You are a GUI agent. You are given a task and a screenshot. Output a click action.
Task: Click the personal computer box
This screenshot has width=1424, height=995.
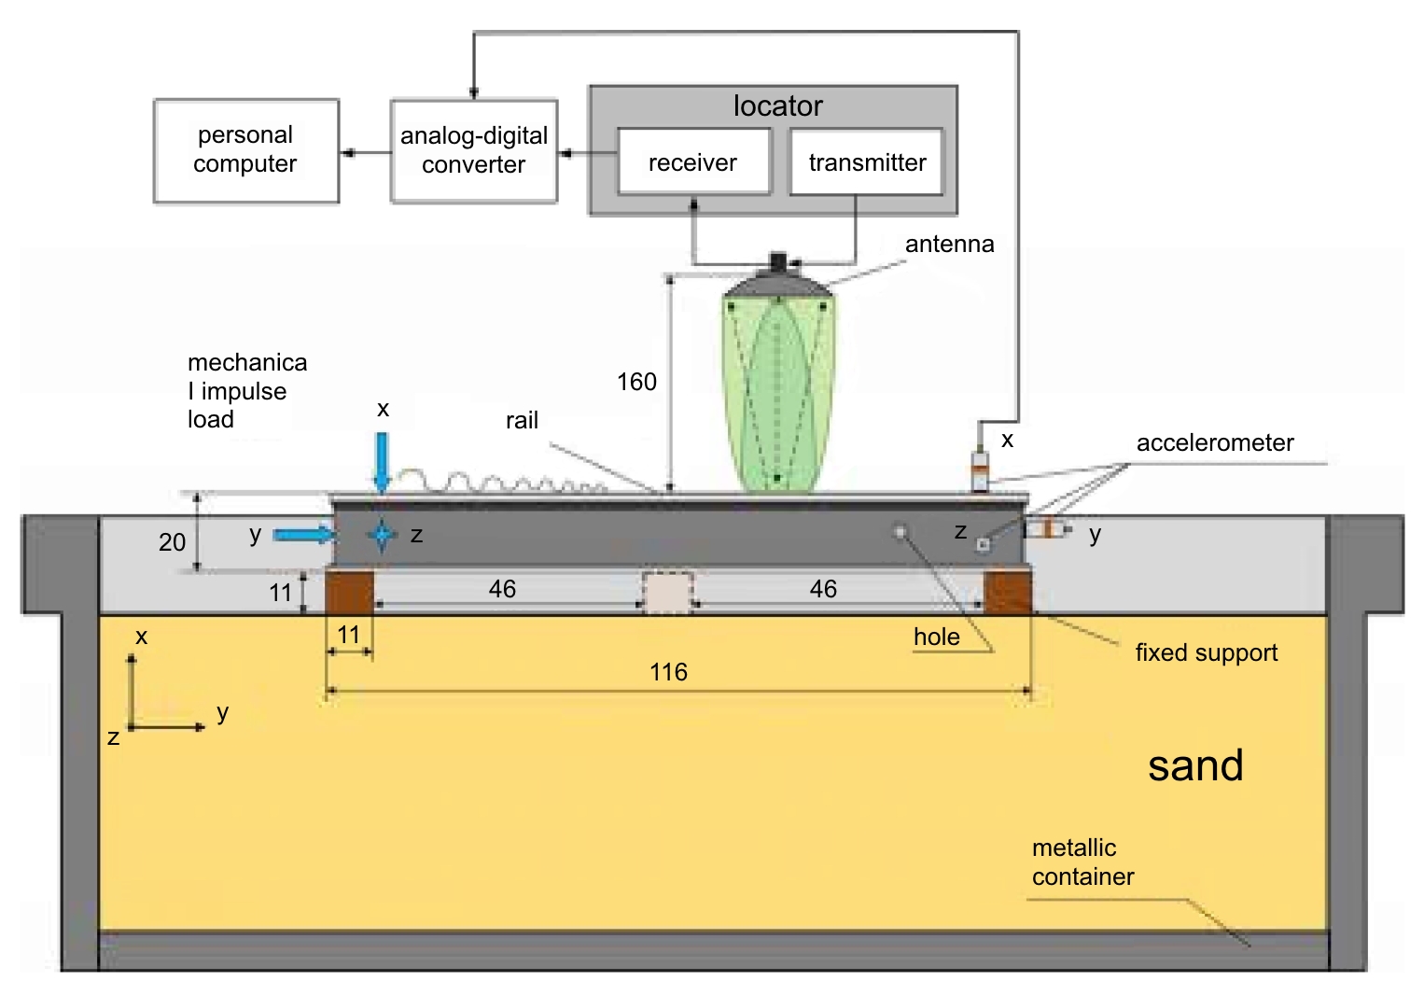pyautogui.click(x=245, y=150)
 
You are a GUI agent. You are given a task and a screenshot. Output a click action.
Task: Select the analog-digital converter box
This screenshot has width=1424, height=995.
pyautogui.click(x=474, y=150)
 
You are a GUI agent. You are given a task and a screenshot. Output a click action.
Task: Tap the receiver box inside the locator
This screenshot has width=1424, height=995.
pyautogui.click(x=693, y=162)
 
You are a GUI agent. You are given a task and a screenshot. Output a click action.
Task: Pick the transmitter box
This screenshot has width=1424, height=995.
pyautogui.click(x=866, y=162)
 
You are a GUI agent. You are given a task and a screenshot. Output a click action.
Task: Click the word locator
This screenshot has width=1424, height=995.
pyautogui.click(x=777, y=105)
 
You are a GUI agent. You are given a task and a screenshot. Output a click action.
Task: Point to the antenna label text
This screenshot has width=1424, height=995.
pyautogui.click(x=949, y=245)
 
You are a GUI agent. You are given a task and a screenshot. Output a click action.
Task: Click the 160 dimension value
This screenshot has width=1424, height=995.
pyautogui.click(x=636, y=382)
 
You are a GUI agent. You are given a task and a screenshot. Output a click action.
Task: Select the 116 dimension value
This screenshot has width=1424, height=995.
pyautogui.click(x=668, y=672)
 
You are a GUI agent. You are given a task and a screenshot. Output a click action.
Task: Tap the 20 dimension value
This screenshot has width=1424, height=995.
pyautogui.click(x=172, y=542)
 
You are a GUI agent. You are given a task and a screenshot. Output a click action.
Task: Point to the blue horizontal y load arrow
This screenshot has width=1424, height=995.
pyautogui.click(x=303, y=535)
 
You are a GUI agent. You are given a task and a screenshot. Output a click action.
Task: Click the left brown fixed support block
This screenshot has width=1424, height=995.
pyautogui.click(x=349, y=592)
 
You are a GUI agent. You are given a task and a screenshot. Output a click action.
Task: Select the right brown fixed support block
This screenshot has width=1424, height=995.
pyautogui.click(x=1007, y=592)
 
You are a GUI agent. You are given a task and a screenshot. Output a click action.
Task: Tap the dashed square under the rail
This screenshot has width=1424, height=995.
pyautogui.click(x=668, y=594)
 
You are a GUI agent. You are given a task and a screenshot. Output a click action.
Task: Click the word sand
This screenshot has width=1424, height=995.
pyautogui.click(x=1195, y=765)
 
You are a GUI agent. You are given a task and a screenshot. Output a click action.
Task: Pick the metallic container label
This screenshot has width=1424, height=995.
pyautogui.click(x=1082, y=862)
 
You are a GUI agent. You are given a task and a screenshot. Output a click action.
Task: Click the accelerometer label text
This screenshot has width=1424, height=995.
pyautogui.click(x=1215, y=443)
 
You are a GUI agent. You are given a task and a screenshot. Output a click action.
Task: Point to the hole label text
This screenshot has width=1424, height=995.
pyautogui.click(x=936, y=638)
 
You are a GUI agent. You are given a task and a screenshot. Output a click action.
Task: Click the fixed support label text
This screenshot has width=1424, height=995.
pyautogui.click(x=1206, y=652)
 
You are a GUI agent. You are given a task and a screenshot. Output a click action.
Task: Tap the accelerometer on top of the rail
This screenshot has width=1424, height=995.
pyautogui.click(x=980, y=472)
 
